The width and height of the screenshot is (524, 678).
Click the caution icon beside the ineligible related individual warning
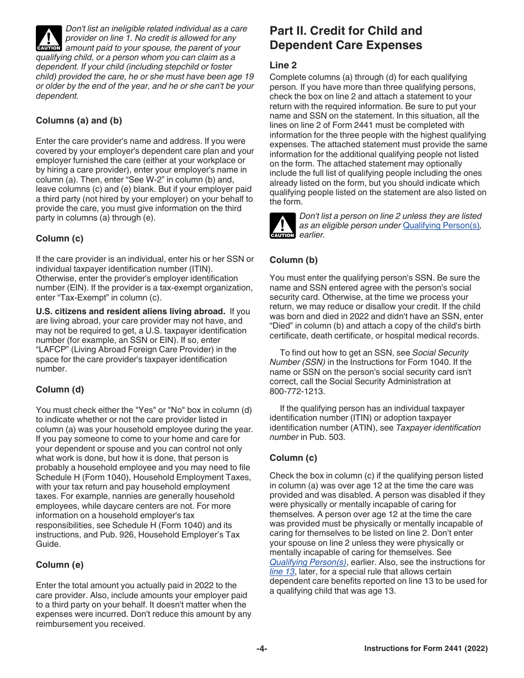click(49, 39)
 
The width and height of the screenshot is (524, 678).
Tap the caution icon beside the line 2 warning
click(282, 226)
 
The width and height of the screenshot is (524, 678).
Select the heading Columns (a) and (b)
click(79, 121)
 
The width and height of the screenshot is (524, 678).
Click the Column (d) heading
click(60, 390)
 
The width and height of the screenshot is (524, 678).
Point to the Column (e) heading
click(60, 565)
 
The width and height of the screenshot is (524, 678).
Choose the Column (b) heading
click(293, 260)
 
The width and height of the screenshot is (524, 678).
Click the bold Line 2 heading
click(283, 65)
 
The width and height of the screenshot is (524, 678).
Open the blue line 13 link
click(282, 572)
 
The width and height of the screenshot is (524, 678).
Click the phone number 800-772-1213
click(297, 391)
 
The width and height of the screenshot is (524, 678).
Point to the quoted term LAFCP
click(54, 349)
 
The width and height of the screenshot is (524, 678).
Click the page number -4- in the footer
click(261, 649)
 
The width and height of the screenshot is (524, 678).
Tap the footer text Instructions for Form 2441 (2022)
click(426, 649)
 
